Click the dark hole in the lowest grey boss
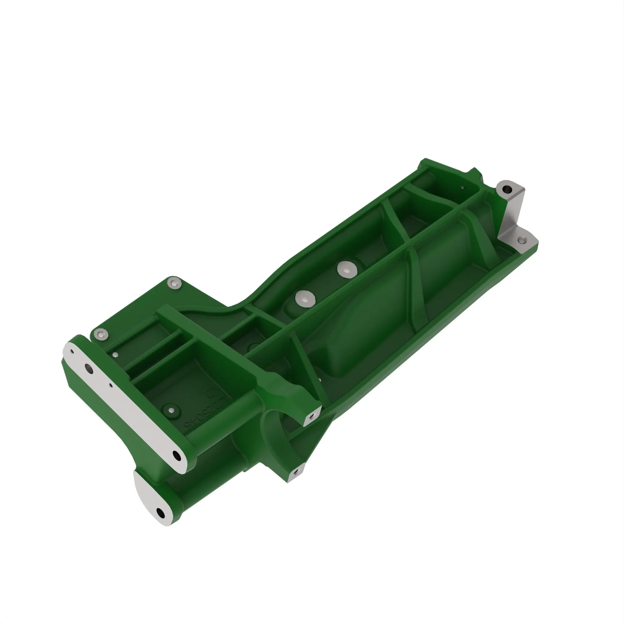pyautogui.click(x=160, y=512)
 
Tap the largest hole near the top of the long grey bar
pyautogui.click(x=89, y=368)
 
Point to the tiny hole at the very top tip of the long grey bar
pyautogui.click(x=72, y=352)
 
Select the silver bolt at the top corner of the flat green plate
pyautogui.click(x=174, y=284)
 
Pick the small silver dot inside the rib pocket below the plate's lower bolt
pyautogui.click(x=116, y=355)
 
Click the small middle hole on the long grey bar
pyautogui.click(x=111, y=385)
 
